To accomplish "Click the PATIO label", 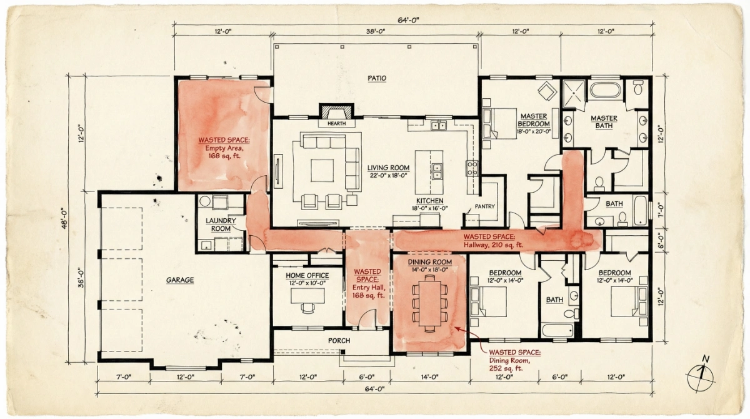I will [x=376, y=78].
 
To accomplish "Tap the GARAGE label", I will [x=179, y=280].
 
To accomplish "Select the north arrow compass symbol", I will [x=701, y=375].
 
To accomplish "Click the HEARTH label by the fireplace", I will [x=336, y=124].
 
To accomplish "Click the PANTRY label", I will [x=485, y=206].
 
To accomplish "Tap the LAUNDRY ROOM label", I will [x=221, y=225].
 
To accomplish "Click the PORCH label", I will [x=339, y=341].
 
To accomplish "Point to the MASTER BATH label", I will [x=604, y=122].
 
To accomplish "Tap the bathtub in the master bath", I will [x=605, y=90].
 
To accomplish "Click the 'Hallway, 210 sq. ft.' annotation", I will [x=489, y=241].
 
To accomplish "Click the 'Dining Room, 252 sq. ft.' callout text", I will [x=515, y=360].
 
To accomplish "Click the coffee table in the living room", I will [x=322, y=169].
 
